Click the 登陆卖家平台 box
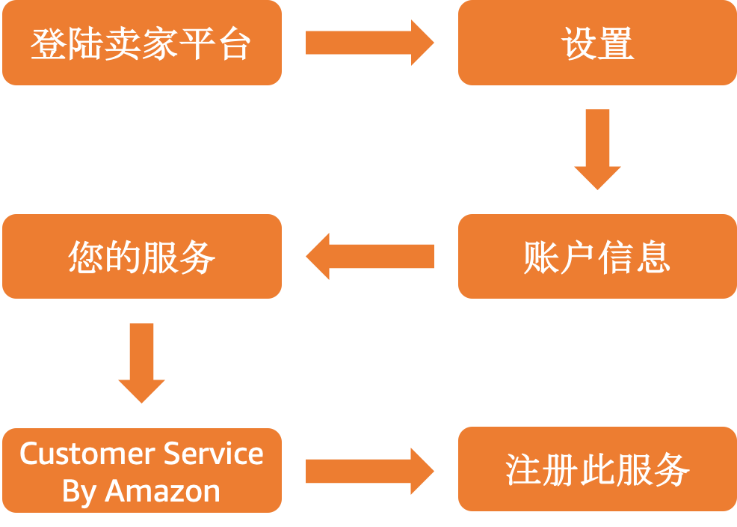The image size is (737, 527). (142, 43)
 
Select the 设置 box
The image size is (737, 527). (596, 43)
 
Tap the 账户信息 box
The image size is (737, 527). (596, 257)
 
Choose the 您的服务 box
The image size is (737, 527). (142, 257)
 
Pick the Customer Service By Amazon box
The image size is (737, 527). (142, 471)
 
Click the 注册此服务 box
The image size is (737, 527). (596, 469)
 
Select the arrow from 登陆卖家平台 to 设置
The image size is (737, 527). (369, 43)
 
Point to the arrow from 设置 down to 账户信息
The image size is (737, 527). (597, 149)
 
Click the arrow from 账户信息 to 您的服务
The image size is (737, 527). (369, 257)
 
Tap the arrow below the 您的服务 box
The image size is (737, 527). (141, 363)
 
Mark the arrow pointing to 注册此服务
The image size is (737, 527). (369, 472)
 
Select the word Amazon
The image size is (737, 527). (163, 491)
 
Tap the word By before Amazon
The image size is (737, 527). (80, 491)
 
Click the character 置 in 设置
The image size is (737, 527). (616, 43)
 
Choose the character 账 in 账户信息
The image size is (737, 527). (540, 258)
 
